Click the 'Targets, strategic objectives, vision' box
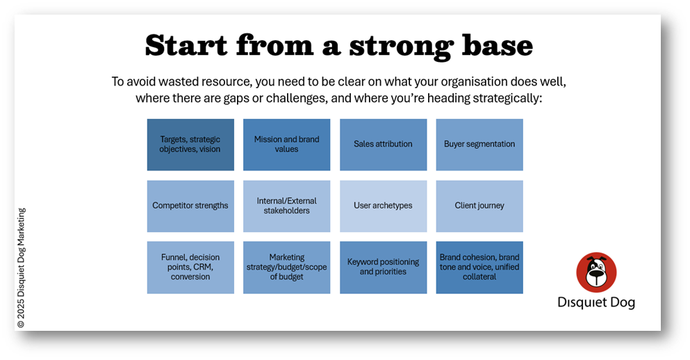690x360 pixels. click(x=190, y=145)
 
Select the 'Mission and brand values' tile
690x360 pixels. click(x=286, y=145)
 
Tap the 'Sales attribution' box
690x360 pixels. click(x=384, y=145)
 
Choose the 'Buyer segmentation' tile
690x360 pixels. click(x=479, y=145)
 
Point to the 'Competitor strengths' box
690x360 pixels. click(x=190, y=206)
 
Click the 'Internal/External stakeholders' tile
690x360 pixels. click(x=286, y=206)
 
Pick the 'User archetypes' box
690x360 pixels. click(x=384, y=206)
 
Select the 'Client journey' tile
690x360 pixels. click(x=479, y=206)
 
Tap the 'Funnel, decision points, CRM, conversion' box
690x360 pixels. click(x=190, y=267)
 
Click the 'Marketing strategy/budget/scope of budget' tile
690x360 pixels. click(x=286, y=267)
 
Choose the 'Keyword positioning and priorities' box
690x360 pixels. click(x=384, y=267)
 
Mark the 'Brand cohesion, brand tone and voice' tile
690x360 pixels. click(x=479, y=267)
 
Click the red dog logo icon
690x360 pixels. click(x=596, y=272)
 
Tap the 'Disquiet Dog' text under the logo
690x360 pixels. click(x=596, y=302)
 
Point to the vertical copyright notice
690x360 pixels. click(x=21, y=268)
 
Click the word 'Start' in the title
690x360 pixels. click(x=186, y=45)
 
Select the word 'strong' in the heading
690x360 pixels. click(x=401, y=47)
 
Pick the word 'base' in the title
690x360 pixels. click(x=498, y=45)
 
